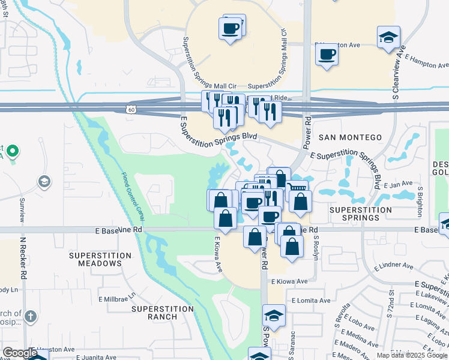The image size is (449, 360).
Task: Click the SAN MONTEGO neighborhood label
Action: (350, 137)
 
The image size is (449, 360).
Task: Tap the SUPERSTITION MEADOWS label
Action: (100, 259)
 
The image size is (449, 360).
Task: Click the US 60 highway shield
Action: (131, 109)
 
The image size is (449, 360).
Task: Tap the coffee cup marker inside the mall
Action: (230, 28)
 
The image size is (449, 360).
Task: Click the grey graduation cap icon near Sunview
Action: (44, 181)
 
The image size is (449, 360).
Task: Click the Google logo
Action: (20, 353)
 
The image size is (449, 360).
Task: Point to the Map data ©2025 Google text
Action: (411, 355)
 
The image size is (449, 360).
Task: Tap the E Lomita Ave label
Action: (312, 301)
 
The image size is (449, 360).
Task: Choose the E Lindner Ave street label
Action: (394, 265)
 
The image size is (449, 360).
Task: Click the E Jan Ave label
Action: (399, 184)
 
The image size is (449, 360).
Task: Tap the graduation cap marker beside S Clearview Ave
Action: (388, 37)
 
